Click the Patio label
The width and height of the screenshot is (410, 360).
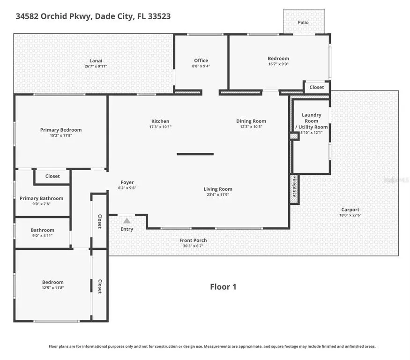pyautogui.click(x=303, y=22)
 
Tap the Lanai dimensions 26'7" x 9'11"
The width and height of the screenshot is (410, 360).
pyautogui.click(x=96, y=66)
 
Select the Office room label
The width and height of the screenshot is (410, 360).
pyautogui.click(x=201, y=60)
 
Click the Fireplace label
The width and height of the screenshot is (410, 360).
pyautogui.click(x=294, y=187)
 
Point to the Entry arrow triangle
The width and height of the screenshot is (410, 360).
pyautogui.click(x=127, y=221)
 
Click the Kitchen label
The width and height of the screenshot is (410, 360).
pyautogui.click(x=160, y=121)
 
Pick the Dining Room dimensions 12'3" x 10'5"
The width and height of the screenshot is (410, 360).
pyautogui.click(x=251, y=127)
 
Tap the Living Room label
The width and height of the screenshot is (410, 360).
pyautogui.click(x=218, y=189)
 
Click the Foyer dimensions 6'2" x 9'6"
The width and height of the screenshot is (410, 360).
pyautogui.click(x=127, y=188)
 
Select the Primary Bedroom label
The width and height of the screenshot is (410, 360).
pyautogui.click(x=61, y=130)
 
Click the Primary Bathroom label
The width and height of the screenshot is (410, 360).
pyautogui.click(x=41, y=198)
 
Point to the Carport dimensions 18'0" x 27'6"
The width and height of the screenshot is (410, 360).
pyautogui.click(x=350, y=215)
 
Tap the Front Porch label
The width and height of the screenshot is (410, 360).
pyautogui.click(x=193, y=240)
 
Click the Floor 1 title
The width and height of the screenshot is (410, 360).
pyautogui.click(x=223, y=287)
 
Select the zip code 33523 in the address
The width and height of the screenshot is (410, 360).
pyautogui.click(x=159, y=16)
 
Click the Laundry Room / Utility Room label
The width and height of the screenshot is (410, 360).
pyautogui.click(x=312, y=121)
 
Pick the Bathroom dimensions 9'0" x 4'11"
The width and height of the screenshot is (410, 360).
pyautogui.click(x=42, y=236)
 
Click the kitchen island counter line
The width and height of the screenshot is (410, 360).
pyautogui.click(x=195, y=154)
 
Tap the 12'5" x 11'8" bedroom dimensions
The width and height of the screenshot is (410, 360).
pyautogui.click(x=53, y=288)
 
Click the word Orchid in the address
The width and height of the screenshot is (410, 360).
pyautogui.click(x=54, y=16)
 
